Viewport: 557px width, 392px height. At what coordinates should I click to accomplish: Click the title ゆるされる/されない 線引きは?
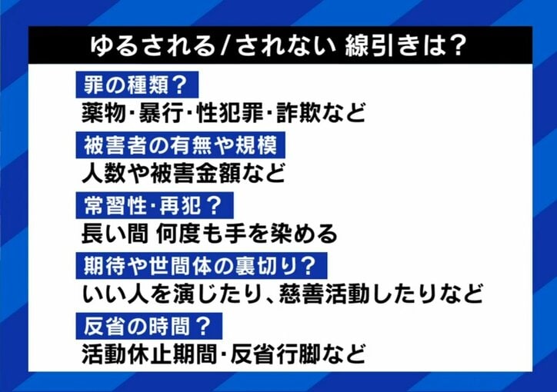coord(278,46)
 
